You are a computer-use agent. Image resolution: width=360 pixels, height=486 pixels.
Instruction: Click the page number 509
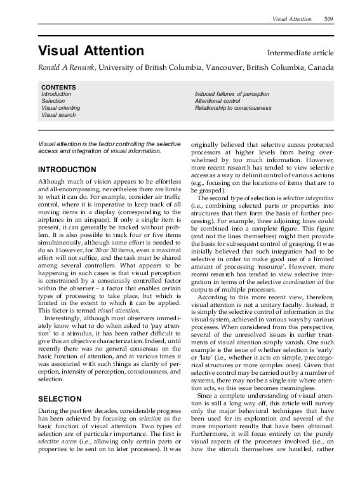point(328,20)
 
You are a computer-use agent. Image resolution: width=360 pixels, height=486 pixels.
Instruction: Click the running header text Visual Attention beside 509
point(292,20)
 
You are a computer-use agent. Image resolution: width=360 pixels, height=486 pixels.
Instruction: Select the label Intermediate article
point(300,53)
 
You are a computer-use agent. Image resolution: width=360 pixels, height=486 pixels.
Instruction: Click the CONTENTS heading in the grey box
point(58,87)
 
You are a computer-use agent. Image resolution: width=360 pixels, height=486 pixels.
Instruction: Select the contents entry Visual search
point(58,115)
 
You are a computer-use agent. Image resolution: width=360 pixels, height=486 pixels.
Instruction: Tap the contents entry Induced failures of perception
point(232,94)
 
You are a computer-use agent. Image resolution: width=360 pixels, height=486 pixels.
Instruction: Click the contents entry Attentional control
point(218,101)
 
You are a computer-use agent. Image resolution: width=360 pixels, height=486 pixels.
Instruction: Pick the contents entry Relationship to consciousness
point(233,108)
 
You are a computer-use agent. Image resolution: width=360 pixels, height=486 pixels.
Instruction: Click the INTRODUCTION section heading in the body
point(67,170)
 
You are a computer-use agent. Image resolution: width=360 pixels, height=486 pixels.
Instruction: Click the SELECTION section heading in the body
point(60,400)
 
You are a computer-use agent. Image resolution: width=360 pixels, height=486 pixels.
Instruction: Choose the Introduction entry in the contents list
point(56,94)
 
